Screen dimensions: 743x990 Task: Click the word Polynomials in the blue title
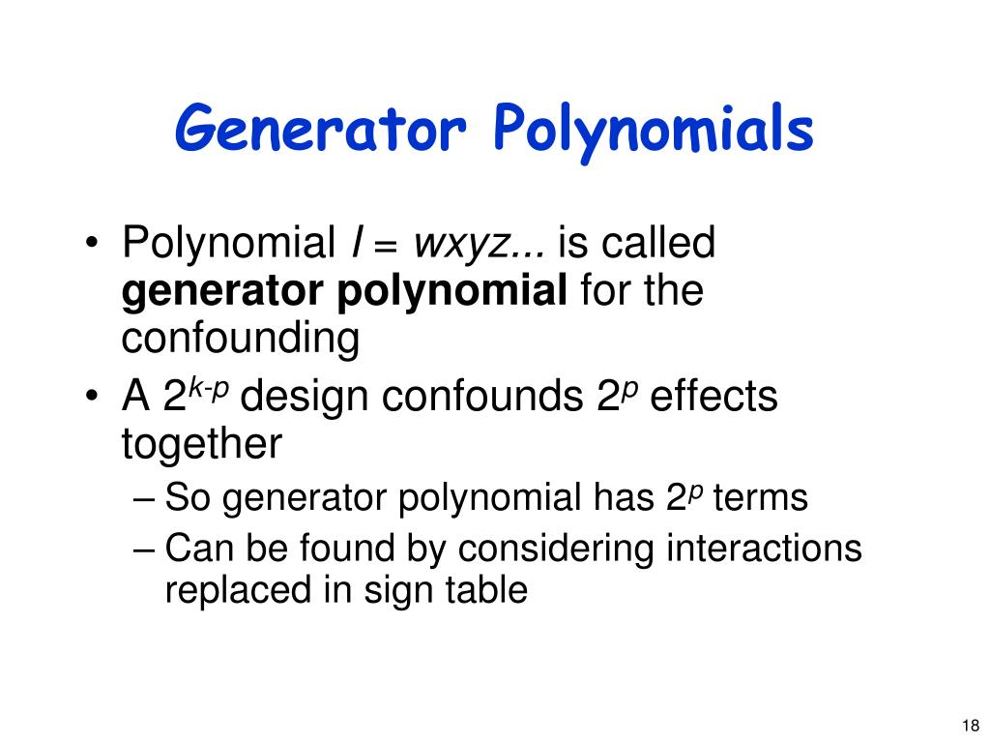point(653,131)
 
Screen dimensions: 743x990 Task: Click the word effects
point(714,398)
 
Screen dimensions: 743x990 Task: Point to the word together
point(201,445)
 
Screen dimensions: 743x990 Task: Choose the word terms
point(760,499)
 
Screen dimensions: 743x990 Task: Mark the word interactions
point(764,549)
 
